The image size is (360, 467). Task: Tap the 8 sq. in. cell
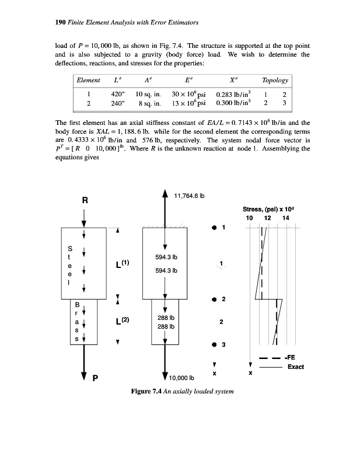pyautogui.click(x=147, y=101)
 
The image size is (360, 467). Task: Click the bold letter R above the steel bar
pyautogui.click(x=85, y=200)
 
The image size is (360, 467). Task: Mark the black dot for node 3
pyautogui.click(x=214, y=344)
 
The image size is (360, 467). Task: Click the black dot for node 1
pyautogui.click(x=214, y=227)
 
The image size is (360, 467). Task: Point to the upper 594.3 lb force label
pyautogui.click(x=166, y=256)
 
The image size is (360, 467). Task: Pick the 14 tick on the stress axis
pyautogui.click(x=285, y=218)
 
